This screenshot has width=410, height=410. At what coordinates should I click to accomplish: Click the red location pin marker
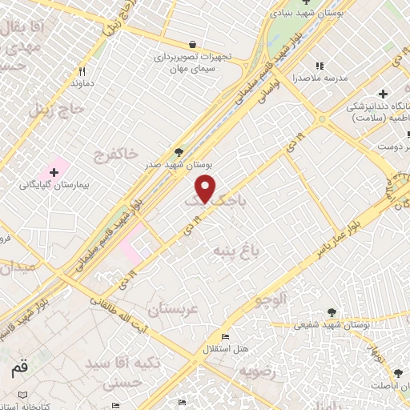(207, 188)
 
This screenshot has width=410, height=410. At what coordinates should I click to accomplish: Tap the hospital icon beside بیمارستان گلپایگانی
(54, 172)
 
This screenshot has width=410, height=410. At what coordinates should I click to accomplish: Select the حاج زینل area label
(56, 109)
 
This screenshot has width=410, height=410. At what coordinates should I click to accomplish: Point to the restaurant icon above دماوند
(81, 71)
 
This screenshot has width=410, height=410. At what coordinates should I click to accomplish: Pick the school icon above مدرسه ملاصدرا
(320, 66)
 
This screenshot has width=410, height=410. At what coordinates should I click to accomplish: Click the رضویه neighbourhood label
(255, 372)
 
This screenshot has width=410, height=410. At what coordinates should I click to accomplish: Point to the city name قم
(18, 370)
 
